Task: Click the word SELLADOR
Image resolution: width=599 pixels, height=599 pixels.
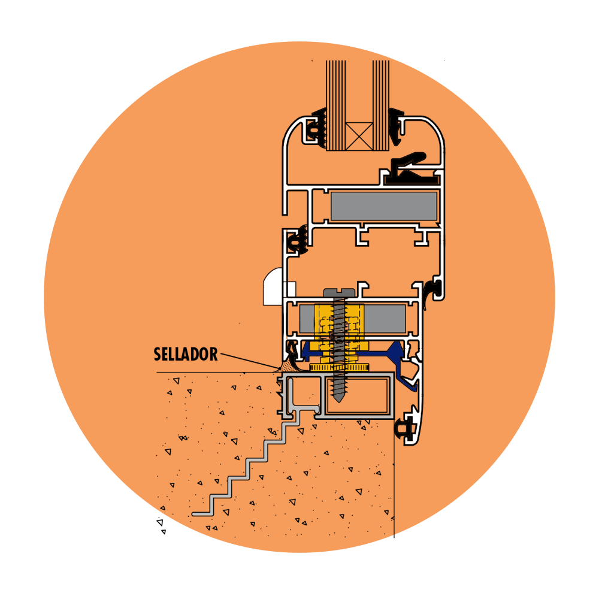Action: [186, 354]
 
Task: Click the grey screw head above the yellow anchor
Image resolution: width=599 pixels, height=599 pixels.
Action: [339, 293]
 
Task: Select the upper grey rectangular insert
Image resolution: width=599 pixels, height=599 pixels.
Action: [383, 206]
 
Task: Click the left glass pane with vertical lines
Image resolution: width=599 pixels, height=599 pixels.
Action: [335, 105]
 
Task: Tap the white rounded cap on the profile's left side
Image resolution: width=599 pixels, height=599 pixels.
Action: [273, 286]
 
